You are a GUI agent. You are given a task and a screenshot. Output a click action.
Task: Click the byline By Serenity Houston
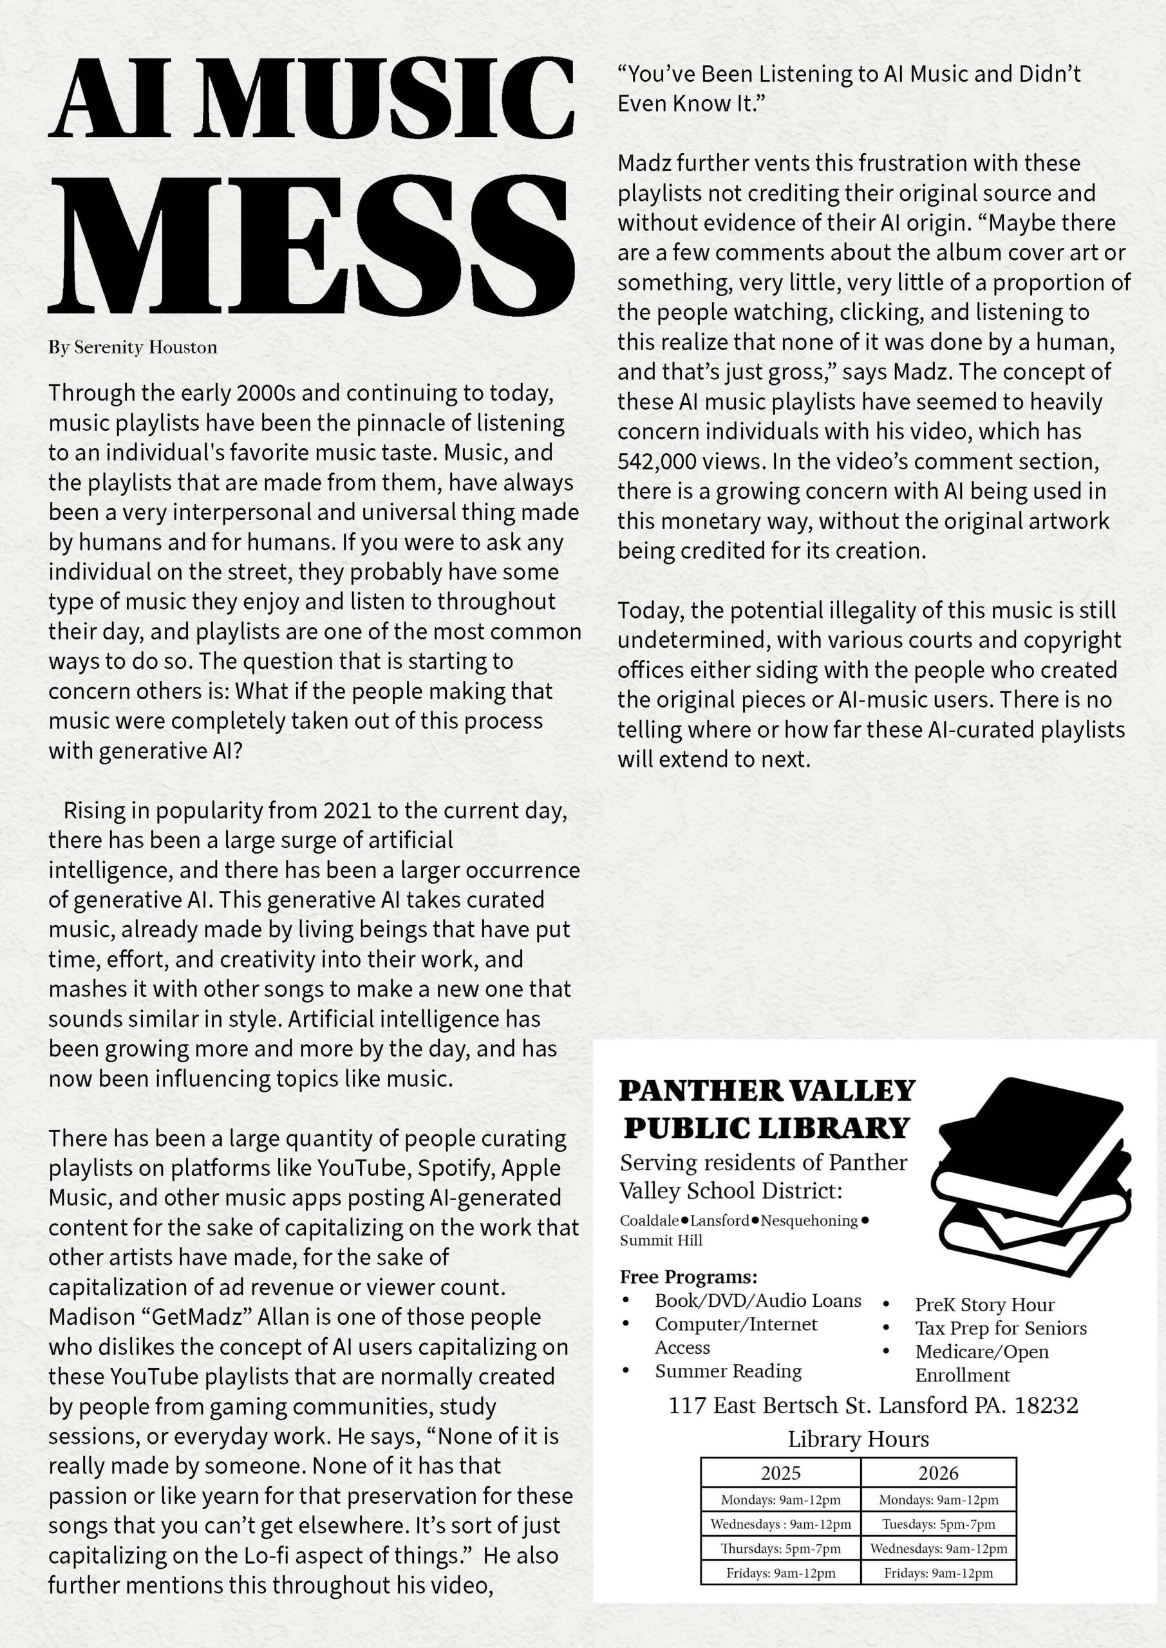[133, 348]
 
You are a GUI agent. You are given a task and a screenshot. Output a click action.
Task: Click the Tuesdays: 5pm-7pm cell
[937, 1524]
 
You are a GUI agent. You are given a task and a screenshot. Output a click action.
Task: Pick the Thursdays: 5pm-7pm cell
[780, 1548]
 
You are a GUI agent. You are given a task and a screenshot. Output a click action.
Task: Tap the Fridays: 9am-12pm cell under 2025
[780, 1573]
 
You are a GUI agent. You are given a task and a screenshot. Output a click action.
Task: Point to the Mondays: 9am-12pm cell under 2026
[937, 1499]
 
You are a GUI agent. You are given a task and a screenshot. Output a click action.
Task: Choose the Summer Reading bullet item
[728, 1371]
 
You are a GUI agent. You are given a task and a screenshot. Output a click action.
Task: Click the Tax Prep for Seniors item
[1000, 1328]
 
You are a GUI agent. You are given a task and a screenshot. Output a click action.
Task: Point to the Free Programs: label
[688, 1277]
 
